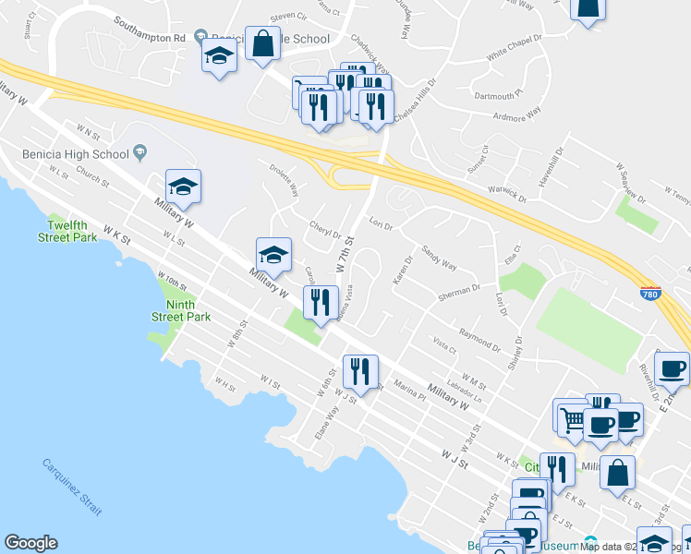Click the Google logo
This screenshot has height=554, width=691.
coord(30,543)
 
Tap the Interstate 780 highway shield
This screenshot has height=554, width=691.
coord(650,292)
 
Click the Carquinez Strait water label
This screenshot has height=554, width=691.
coord(72,487)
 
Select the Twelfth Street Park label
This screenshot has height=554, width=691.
coord(67,231)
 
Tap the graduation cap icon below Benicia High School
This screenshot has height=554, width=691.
coord(183,187)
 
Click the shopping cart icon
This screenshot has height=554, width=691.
coord(572,416)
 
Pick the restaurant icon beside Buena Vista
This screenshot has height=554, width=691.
coord(320,302)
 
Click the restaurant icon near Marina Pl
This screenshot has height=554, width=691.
coord(358,370)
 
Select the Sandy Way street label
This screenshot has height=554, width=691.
coord(439,259)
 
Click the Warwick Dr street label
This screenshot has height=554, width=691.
coord(508,195)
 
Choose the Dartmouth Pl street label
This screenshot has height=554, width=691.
coord(500,93)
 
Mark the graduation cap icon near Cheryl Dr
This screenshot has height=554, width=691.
coord(273,254)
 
